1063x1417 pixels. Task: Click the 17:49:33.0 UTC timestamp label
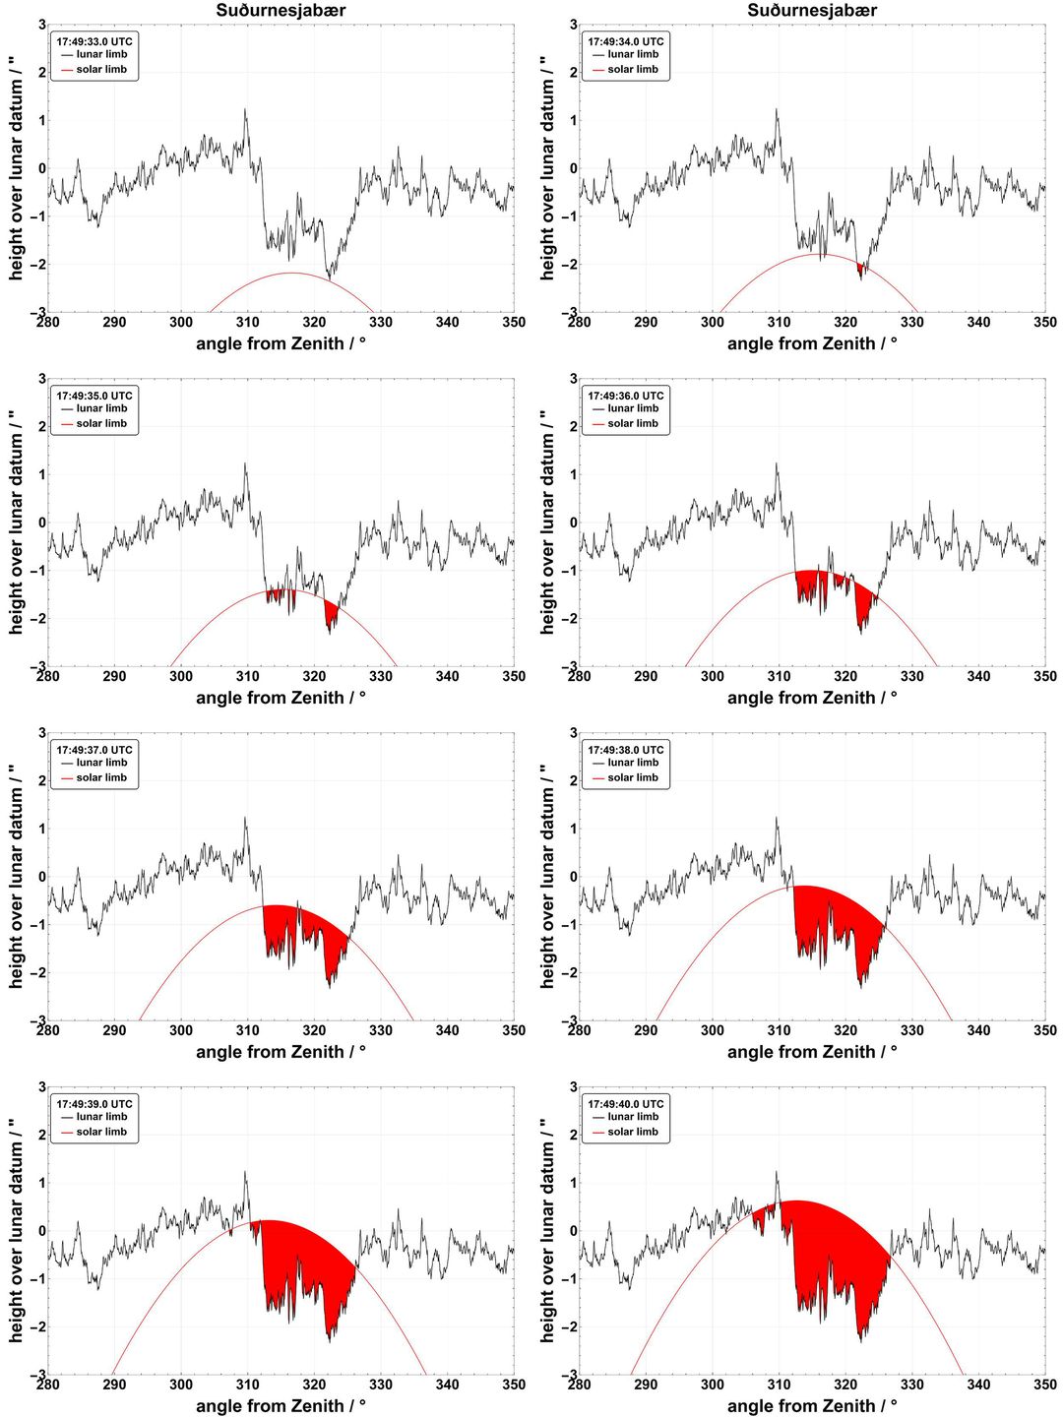pos(94,41)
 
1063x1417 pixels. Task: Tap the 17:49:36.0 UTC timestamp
pos(625,396)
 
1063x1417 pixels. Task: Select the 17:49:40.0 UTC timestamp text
pos(625,1104)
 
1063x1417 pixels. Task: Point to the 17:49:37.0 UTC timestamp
pos(94,750)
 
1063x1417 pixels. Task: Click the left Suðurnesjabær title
pos(281,10)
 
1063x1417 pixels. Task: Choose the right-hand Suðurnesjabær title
pos(812,10)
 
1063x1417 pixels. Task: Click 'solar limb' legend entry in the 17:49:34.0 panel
pos(633,69)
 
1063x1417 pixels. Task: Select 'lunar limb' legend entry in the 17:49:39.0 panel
pos(101,1116)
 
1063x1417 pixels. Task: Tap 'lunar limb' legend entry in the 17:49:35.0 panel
pos(101,408)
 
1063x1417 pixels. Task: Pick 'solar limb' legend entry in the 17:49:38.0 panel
pos(633,777)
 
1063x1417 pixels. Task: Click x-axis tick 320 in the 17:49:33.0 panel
pos(314,322)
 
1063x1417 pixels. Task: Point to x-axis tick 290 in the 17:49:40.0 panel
pos(646,1385)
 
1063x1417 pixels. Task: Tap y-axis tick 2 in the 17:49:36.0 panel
pos(573,426)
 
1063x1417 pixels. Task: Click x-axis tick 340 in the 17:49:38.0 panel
pos(978,1030)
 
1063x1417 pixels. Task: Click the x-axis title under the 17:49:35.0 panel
pos(281,698)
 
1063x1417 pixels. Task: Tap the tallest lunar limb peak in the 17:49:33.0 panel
pos(245,110)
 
